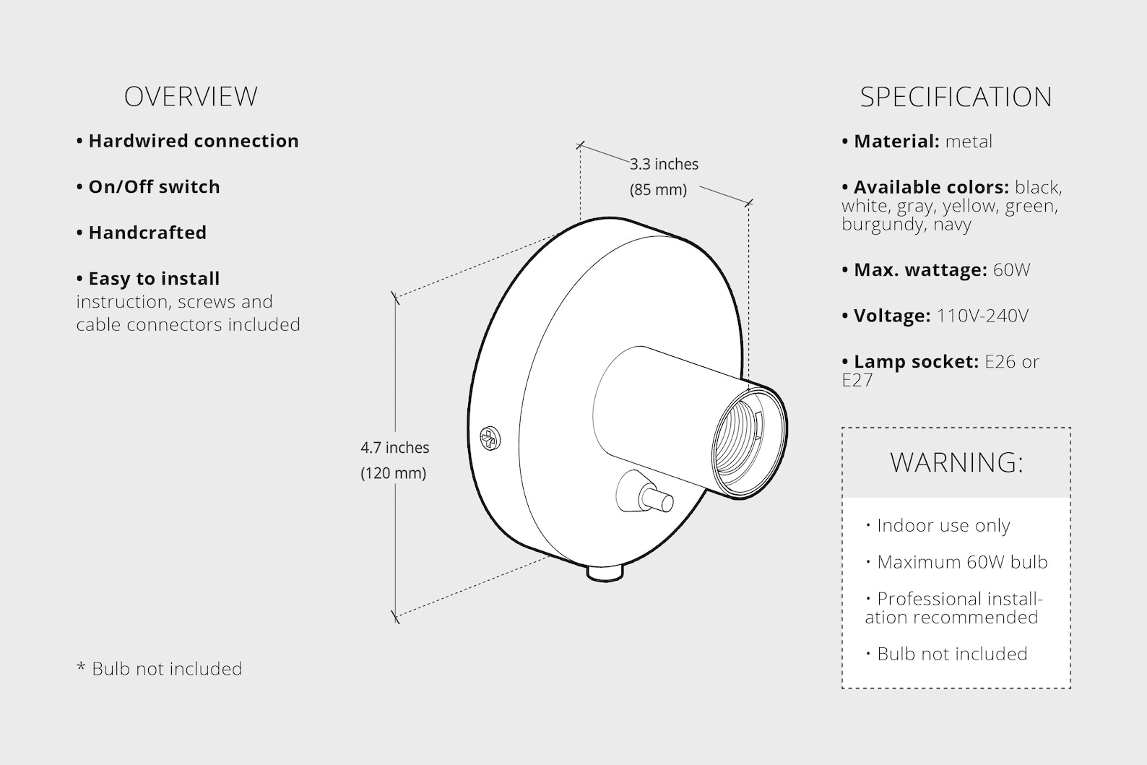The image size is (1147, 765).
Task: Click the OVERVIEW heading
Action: (191, 96)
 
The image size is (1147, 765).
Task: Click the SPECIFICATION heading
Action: (956, 97)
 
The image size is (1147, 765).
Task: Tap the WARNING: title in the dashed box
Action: (956, 462)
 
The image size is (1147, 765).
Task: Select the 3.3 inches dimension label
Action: (664, 164)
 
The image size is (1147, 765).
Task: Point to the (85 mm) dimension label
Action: (658, 189)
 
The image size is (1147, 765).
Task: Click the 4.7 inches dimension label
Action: (395, 448)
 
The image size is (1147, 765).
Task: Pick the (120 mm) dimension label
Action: (393, 472)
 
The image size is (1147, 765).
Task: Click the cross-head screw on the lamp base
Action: (490, 438)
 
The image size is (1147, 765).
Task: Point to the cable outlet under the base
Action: (605, 572)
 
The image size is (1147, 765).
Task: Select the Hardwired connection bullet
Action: (187, 141)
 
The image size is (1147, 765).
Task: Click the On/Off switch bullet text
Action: (148, 186)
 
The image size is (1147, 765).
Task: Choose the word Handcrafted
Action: (147, 233)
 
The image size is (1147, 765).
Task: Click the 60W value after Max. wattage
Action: (1011, 270)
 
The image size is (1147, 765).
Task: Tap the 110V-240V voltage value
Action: (982, 316)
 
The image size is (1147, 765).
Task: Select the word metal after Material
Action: (969, 142)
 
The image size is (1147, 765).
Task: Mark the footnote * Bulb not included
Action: (159, 669)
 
